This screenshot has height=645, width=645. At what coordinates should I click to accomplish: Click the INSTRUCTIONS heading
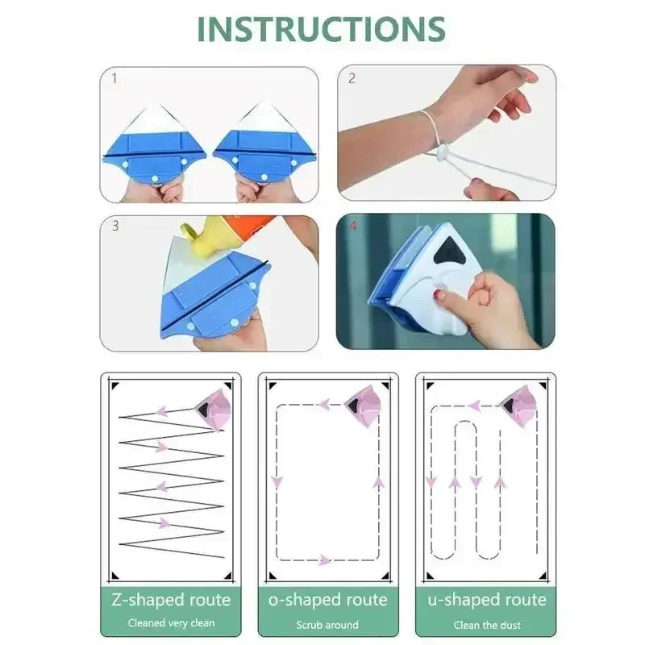[x=322, y=28]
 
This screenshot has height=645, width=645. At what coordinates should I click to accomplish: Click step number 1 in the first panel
[x=114, y=79]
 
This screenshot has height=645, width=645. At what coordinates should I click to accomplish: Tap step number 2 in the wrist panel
[x=352, y=79]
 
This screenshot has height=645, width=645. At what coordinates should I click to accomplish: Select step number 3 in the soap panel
[x=114, y=226]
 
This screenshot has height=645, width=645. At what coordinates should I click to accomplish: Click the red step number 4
[x=351, y=226]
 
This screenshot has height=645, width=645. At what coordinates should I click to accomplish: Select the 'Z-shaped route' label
[x=170, y=600]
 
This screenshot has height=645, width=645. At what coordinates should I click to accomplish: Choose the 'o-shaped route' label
[x=327, y=600]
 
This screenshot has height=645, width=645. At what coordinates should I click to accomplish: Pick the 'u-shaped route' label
[x=486, y=600]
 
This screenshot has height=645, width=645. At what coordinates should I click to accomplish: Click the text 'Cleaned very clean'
[x=170, y=623]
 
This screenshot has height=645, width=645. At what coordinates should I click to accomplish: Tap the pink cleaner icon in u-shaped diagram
[x=518, y=405]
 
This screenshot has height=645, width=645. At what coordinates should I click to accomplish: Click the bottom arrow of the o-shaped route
[x=324, y=560]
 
